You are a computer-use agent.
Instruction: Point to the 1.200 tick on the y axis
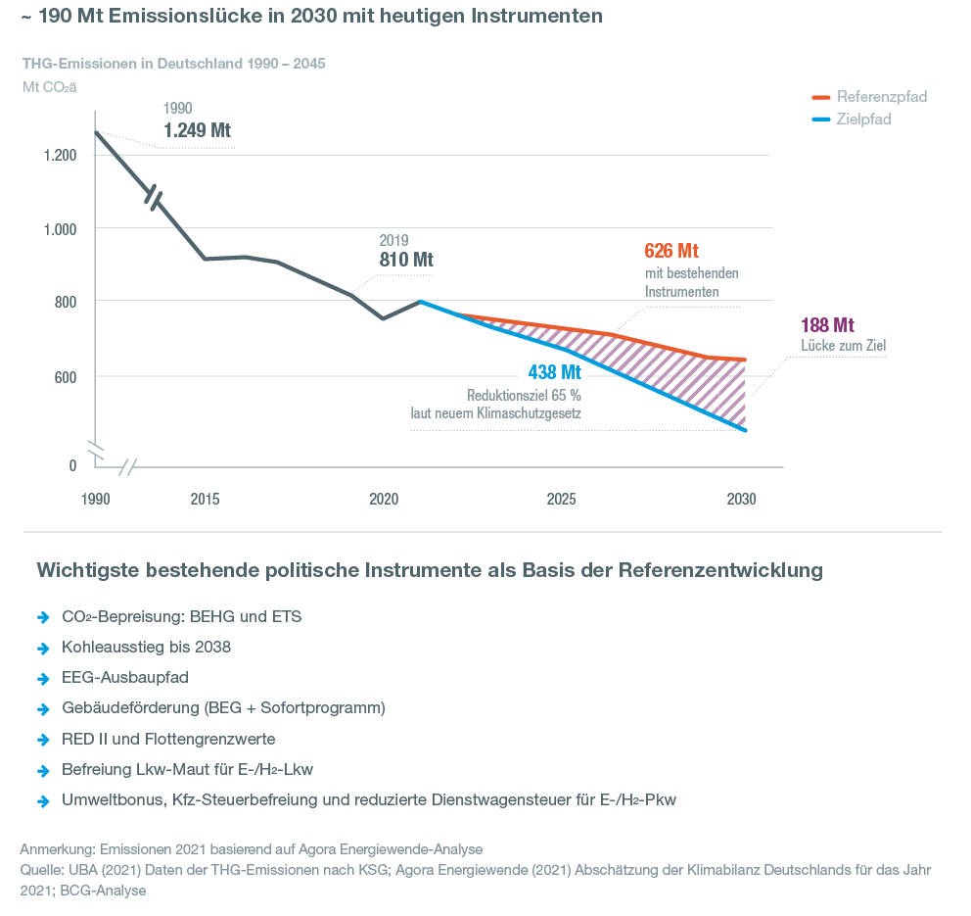pos(59,155)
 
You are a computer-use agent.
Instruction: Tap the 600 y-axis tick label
pos(65,376)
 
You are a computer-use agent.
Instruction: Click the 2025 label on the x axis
pos(561,499)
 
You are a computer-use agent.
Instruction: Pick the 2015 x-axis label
pos(205,499)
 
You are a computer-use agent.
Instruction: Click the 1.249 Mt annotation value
pos(197,130)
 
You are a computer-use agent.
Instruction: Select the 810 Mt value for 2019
pos(406,260)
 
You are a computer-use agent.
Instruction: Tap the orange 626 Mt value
pos(671,251)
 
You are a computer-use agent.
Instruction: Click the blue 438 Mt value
pos(554,373)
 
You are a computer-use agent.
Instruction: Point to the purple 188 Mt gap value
pos(828,325)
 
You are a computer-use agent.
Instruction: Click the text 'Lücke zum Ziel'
pos(843,345)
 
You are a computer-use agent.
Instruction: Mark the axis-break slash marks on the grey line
pos(155,197)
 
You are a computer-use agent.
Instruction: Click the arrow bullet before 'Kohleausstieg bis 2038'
pos(43,649)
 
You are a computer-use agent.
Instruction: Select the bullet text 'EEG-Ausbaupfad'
pos(124,678)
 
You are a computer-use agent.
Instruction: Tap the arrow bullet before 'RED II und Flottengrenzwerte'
pos(43,739)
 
